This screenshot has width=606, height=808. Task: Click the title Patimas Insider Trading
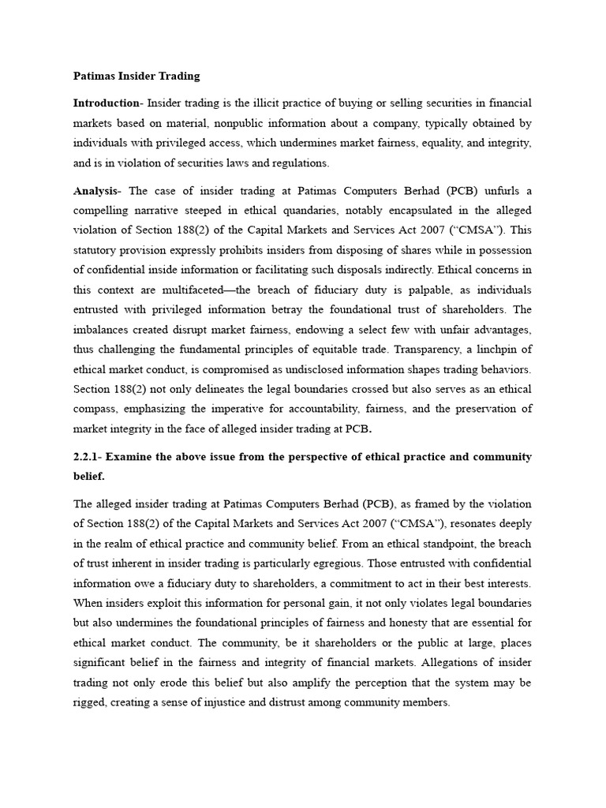(137, 77)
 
